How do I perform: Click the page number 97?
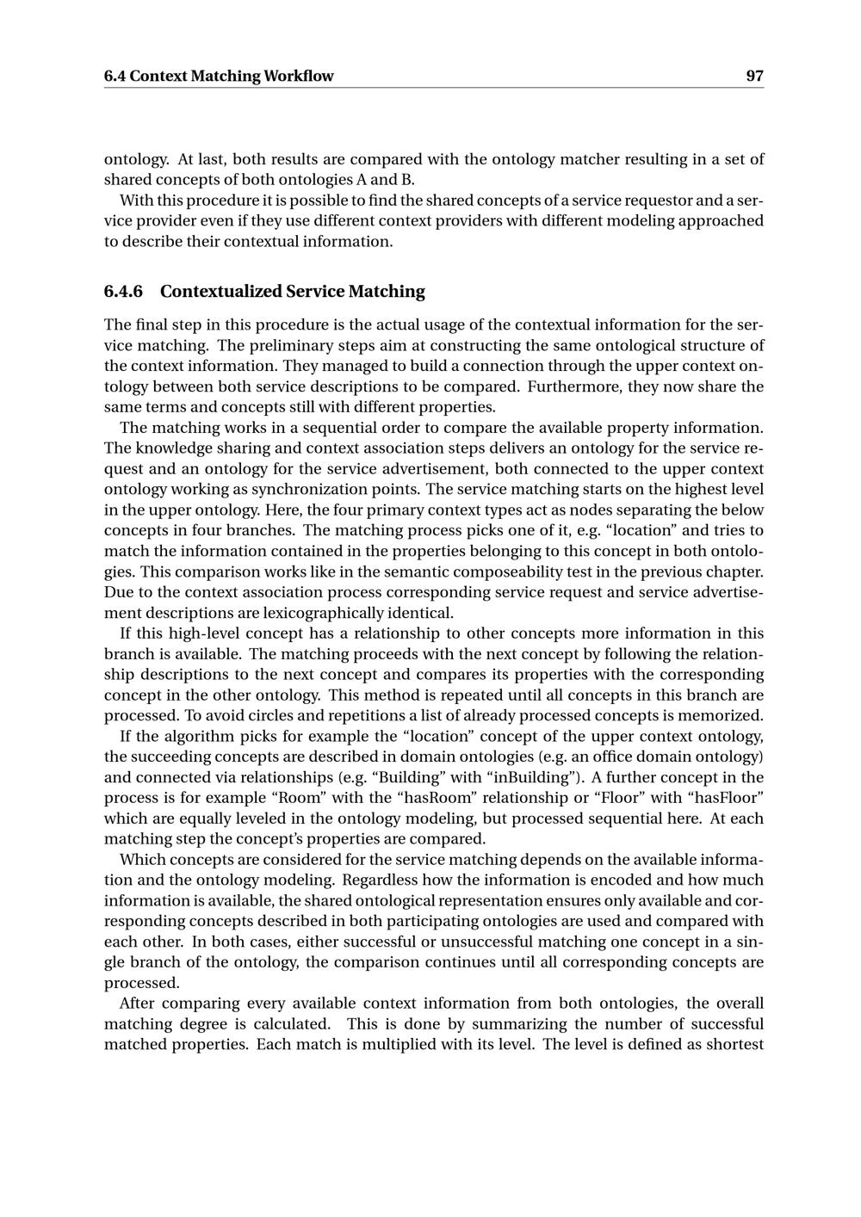[x=754, y=76]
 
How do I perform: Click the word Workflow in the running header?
[x=299, y=76]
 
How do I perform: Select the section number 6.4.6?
[x=123, y=291]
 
